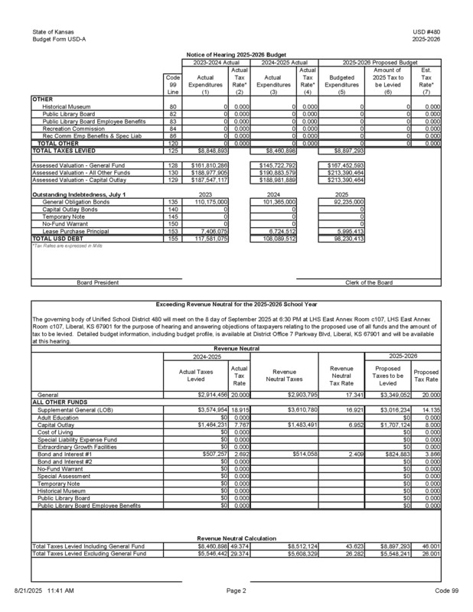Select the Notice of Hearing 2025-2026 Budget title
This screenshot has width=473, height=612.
point(236,55)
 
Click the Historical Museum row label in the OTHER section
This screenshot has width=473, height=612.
point(64,106)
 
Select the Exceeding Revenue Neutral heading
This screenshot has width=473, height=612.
point(236,304)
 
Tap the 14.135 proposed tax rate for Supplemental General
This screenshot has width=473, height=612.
point(429,409)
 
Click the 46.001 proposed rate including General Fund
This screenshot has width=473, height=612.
point(429,545)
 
